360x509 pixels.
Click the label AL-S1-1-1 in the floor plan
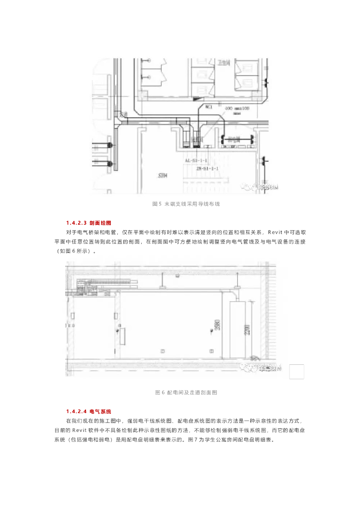pyautogui.click(x=196, y=161)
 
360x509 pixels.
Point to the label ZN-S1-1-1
pyautogui.click(x=207, y=169)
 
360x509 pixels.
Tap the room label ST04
pyautogui.click(x=163, y=175)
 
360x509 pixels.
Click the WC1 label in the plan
pyautogui.click(x=209, y=106)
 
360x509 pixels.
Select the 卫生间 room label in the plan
pyautogui.click(x=224, y=63)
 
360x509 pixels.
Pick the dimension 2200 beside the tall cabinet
pyautogui.click(x=246, y=328)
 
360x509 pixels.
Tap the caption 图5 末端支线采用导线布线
pyautogui.click(x=185, y=204)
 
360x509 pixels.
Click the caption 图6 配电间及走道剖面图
pyautogui.click(x=185, y=393)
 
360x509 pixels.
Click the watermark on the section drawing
pyautogui.click(x=262, y=368)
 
